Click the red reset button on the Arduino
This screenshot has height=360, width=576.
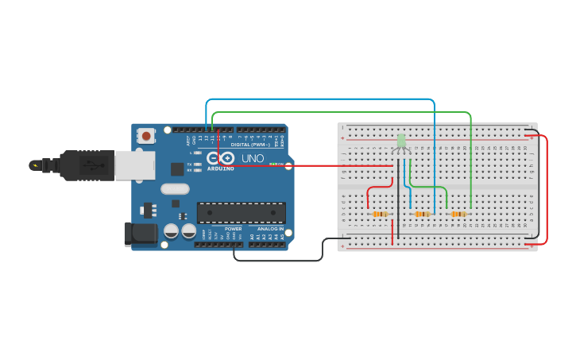(146, 136)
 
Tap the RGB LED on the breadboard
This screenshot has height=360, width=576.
(401, 141)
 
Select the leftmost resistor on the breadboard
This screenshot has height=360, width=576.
(381, 214)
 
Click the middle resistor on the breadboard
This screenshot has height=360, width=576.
(423, 214)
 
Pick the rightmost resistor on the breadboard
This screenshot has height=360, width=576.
(458, 214)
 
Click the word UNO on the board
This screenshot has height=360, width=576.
(253, 158)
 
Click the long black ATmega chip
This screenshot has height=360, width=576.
(242, 213)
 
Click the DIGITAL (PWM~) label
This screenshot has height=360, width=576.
(249, 145)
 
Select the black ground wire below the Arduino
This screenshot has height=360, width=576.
(278, 260)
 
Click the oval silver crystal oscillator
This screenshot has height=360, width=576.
(175, 189)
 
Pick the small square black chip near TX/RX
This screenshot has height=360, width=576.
(178, 168)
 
